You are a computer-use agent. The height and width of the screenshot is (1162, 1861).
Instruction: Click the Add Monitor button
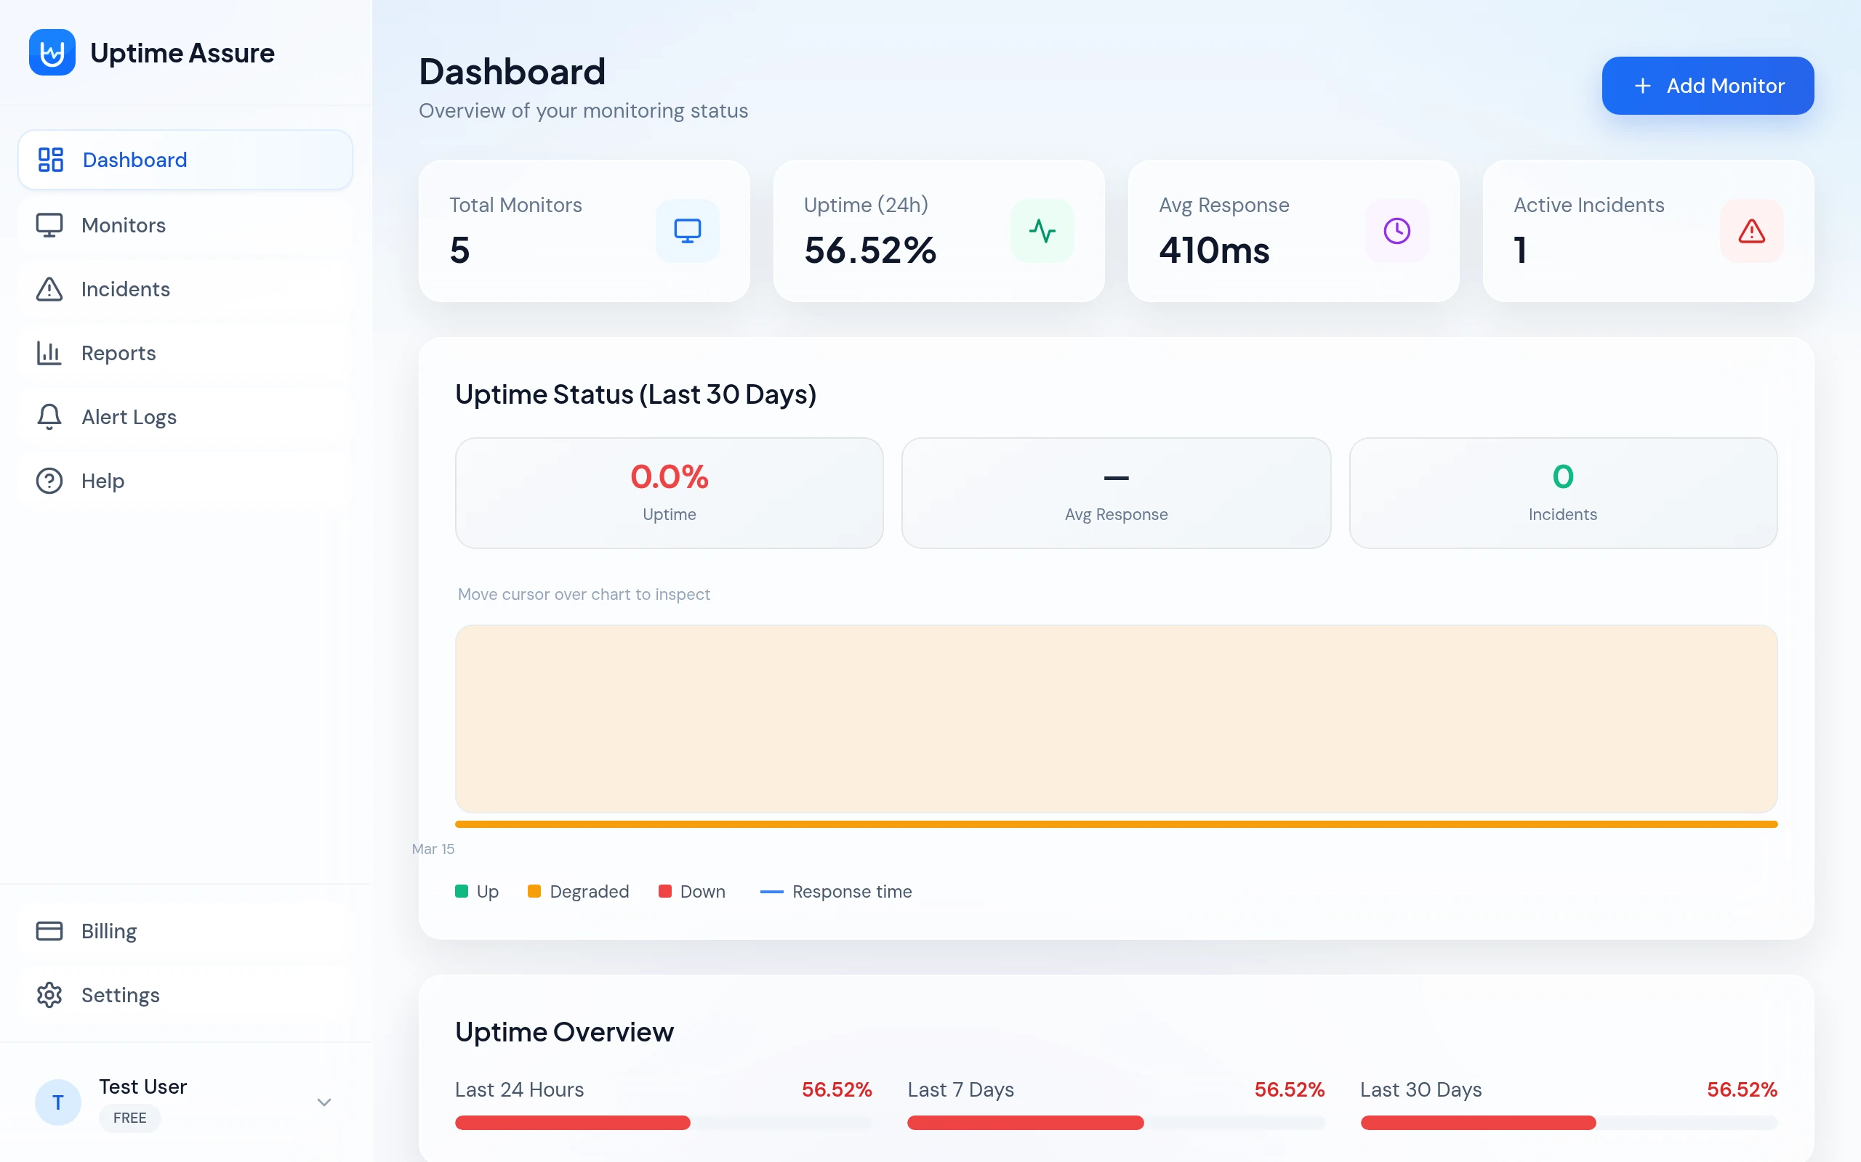click(1707, 85)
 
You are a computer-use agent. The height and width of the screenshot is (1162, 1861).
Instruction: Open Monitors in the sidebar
click(123, 225)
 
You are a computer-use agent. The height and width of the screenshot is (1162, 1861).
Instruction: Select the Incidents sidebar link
click(125, 289)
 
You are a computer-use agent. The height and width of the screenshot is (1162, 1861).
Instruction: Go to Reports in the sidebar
click(118, 353)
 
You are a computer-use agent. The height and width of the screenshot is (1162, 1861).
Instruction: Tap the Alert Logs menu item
click(129, 417)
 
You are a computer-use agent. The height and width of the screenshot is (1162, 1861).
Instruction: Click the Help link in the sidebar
click(103, 480)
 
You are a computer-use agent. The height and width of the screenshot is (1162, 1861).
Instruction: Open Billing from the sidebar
click(108, 930)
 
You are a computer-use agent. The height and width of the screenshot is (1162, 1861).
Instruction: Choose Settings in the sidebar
click(120, 994)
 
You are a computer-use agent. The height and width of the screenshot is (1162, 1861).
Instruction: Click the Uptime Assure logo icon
click(52, 52)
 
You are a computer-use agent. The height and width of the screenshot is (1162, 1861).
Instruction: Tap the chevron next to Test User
click(323, 1102)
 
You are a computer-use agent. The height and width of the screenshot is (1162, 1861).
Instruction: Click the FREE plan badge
click(129, 1118)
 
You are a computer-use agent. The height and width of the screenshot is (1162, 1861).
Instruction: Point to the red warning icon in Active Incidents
click(1751, 230)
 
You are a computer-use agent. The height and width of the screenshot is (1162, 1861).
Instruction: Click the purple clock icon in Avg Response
click(1396, 230)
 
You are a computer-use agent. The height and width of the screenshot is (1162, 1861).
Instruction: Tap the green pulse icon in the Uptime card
click(1042, 230)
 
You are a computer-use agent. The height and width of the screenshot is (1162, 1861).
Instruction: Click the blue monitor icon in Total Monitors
click(687, 230)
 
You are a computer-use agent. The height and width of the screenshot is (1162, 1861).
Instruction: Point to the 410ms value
click(1213, 251)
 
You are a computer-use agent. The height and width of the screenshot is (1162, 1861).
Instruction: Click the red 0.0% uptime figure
click(669, 476)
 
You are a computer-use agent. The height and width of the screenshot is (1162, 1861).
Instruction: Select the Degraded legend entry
click(579, 892)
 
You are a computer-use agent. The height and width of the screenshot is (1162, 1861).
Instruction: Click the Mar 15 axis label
click(433, 848)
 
